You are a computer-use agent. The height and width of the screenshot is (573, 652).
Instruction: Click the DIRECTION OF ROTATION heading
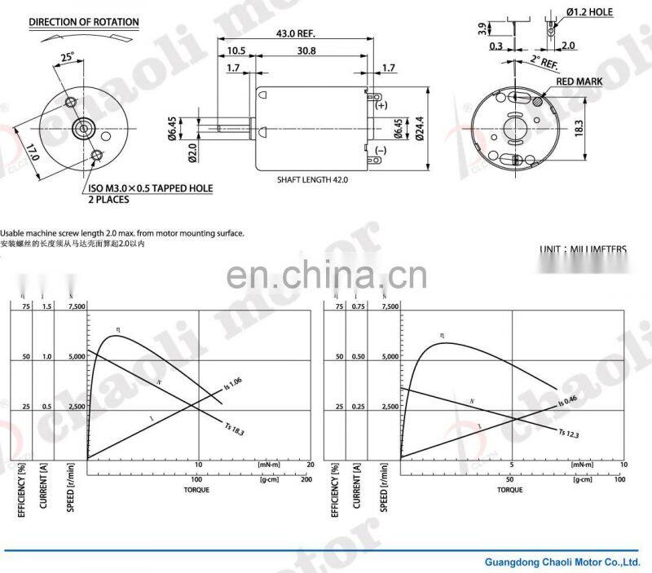click(84, 22)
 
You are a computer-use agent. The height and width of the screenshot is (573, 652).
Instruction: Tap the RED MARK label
click(579, 82)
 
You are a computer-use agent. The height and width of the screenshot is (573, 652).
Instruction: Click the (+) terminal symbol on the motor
click(381, 106)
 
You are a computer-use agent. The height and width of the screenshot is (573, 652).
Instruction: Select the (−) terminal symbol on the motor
click(381, 150)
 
